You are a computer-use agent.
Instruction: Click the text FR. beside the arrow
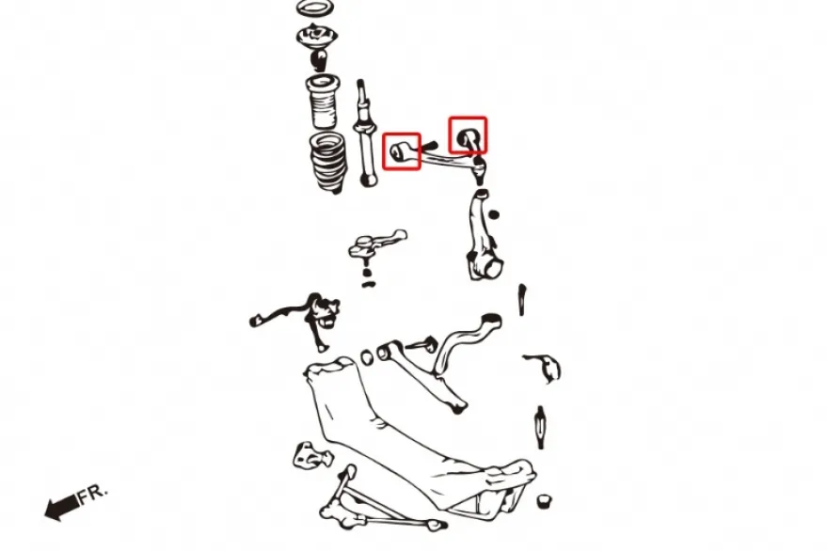point(93,494)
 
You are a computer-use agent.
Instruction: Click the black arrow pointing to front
point(62,507)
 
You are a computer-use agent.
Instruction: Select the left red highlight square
point(402,151)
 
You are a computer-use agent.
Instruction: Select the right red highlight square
point(468,135)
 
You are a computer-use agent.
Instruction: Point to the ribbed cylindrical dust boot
point(323,102)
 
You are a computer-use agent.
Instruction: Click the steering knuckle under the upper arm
point(481,236)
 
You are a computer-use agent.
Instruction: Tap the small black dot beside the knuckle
point(494,214)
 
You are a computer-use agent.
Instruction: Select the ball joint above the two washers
point(375,244)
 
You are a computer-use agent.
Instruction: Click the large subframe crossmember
point(417,443)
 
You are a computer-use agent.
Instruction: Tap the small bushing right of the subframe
point(544,501)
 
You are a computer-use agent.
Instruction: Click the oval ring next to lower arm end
point(367,357)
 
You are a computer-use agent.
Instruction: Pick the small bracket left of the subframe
point(312,456)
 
